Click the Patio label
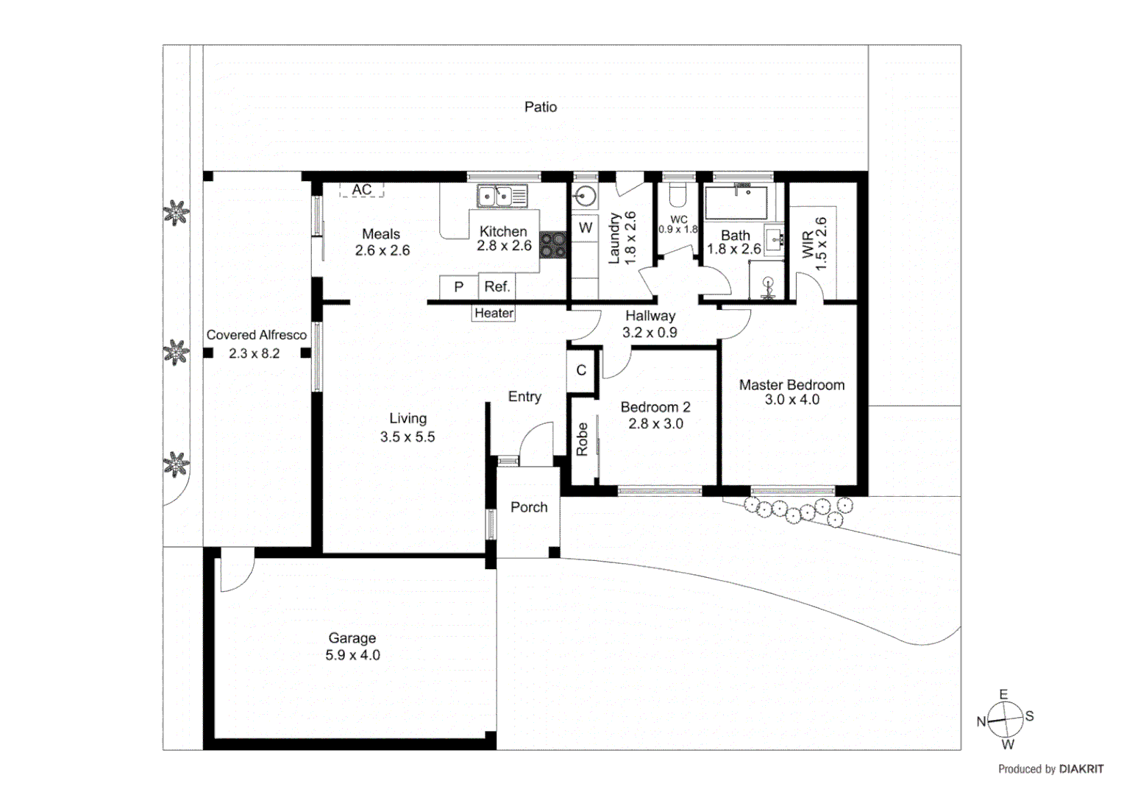(x=540, y=107)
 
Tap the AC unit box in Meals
(x=361, y=190)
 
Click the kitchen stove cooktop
(x=553, y=244)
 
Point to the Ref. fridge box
(x=497, y=286)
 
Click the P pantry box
(x=458, y=286)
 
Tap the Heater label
(x=494, y=313)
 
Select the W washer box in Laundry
(x=586, y=227)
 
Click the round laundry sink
(x=586, y=196)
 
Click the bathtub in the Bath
(x=736, y=202)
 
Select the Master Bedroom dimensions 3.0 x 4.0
(x=792, y=400)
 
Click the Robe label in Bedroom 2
(x=582, y=439)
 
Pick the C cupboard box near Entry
(x=581, y=370)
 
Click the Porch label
(x=529, y=507)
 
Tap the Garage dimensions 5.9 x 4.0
(x=352, y=655)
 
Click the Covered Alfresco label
(x=256, y=335)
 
